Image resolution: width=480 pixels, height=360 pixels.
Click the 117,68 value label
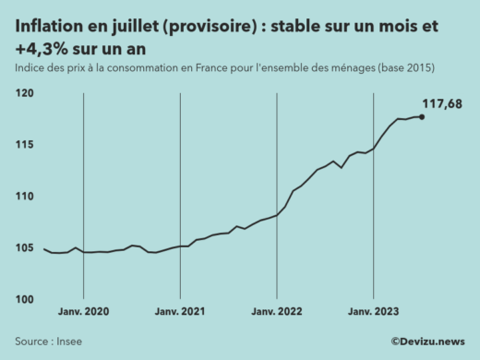(x=442, y=103)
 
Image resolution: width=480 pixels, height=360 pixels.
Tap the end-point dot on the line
(x=422, y=116)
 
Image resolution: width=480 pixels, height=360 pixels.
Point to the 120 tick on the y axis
(x=24, y=94)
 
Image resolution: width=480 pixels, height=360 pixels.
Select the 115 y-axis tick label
(x=24, y=145)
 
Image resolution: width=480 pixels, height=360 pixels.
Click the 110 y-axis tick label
(x=24, y=197)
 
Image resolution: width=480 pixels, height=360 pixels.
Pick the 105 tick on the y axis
(x=24, y=248)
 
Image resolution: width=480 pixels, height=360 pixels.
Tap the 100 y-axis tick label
(x=24, y=300)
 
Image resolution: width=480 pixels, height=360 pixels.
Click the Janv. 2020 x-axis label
(x=84, y=314)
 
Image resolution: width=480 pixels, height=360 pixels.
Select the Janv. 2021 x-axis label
(x=180, y=314)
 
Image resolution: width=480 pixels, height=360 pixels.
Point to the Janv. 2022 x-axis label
(x=277, y=314)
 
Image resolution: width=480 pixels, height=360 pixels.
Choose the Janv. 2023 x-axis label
(x=373, y=314)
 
